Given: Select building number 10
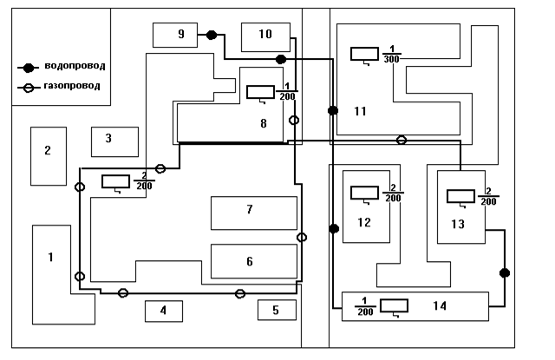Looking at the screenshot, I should pos(265,35).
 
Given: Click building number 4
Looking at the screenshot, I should pos(164,310).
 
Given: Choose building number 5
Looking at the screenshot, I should pos(277,310).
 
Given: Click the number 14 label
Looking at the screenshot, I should pos(440,306).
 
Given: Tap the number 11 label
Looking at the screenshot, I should pos(361,111).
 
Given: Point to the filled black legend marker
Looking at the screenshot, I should pos(28,68).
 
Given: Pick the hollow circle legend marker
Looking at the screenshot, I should pos(28,88).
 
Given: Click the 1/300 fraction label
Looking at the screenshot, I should pos(390,54).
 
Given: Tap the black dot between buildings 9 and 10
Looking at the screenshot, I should pos(212,35).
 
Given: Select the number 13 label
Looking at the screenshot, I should pos(458,224).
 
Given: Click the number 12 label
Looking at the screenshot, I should pos(364,223).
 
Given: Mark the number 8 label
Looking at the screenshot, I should pos(264,124).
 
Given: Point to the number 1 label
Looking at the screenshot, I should pos(50,257).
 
